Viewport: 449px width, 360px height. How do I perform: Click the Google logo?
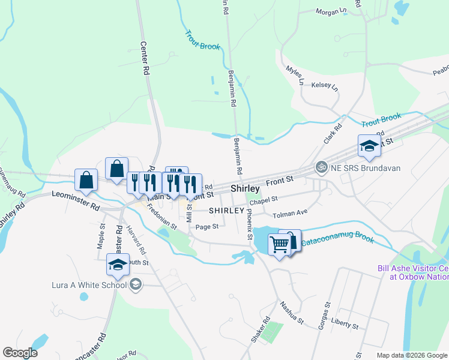click(20, 353)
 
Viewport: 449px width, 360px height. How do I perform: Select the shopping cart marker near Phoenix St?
click(279, 245)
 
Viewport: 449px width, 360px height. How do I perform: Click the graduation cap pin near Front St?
click(369, 146)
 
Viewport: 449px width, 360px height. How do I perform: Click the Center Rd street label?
click(145, 58)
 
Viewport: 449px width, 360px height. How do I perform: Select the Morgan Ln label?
click(331, 11)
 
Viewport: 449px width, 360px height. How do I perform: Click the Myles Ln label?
click(295, 75)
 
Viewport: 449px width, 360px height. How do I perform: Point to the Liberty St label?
click(344, 325)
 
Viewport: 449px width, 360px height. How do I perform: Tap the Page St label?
click(206, 226)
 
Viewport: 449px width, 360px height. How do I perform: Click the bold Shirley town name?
click(245, 188)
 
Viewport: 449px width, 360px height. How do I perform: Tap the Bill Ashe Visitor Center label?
click(413, 272)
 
